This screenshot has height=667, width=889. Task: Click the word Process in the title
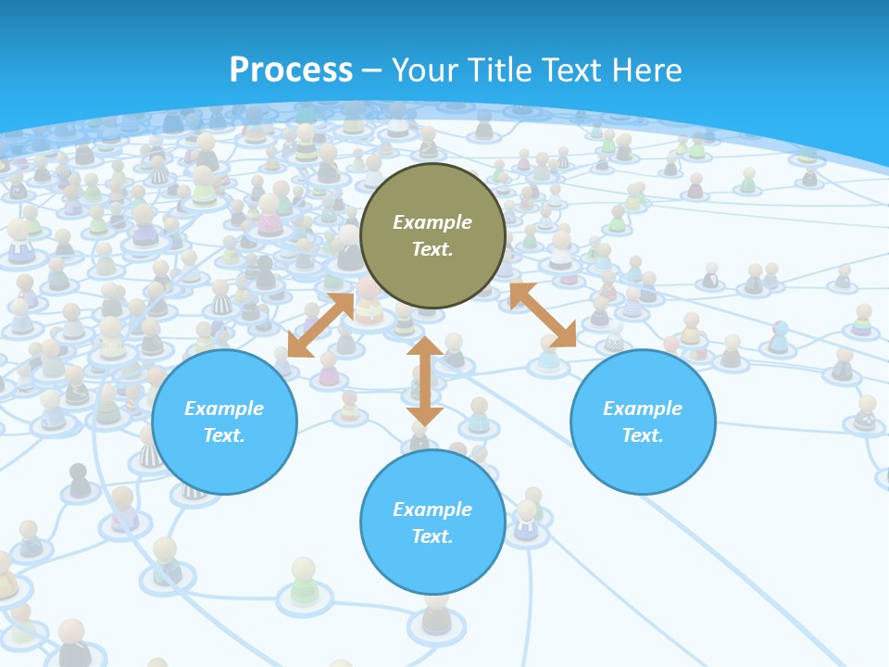pos(291,70)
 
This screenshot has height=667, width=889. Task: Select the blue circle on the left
pos(224,422)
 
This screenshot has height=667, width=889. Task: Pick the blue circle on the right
pos(643,422)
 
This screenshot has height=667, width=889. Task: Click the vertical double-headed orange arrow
pos(424,381)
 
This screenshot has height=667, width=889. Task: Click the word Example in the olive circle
pos(432,222)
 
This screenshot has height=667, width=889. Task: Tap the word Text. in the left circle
pos(224,435)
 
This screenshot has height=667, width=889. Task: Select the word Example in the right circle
pos(643,409)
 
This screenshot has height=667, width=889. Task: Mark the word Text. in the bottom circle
pos(432,536)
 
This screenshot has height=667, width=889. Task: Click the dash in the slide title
pos(372,70)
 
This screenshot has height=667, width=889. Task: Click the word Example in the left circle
pos(224,409)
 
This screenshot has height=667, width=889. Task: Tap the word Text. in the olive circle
pos(432,249)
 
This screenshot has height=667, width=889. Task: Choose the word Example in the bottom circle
pos(432,510)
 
